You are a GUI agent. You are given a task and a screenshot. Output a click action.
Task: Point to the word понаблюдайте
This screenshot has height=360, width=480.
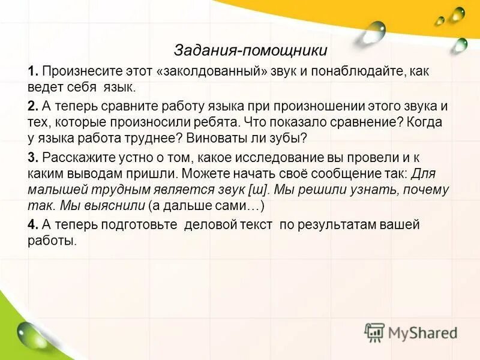359,71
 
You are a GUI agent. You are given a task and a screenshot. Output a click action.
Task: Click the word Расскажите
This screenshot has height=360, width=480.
74,158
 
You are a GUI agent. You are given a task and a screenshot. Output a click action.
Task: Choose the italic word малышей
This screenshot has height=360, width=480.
52,190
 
